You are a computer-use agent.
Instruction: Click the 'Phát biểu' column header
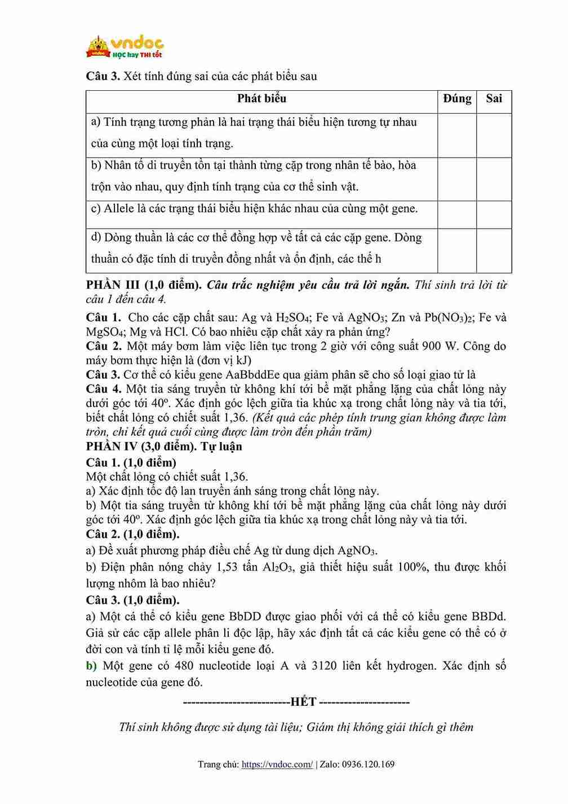(x=261, y=99)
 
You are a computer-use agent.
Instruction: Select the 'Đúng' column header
(x=457, y=99)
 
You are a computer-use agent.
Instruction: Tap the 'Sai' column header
(x=494, y=99)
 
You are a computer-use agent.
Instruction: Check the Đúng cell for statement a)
(x=457, y=135)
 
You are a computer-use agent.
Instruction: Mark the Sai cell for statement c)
(x=494, y=215)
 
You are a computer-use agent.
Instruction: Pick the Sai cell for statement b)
(x=494, y=179)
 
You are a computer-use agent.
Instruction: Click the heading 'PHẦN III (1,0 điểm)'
(x=144, y=285)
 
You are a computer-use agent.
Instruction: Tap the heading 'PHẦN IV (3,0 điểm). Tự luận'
(x=164, y=447)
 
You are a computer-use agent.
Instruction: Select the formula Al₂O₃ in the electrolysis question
(x=278, y=567)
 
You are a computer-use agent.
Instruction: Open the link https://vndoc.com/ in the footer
(x=277, y=765)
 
